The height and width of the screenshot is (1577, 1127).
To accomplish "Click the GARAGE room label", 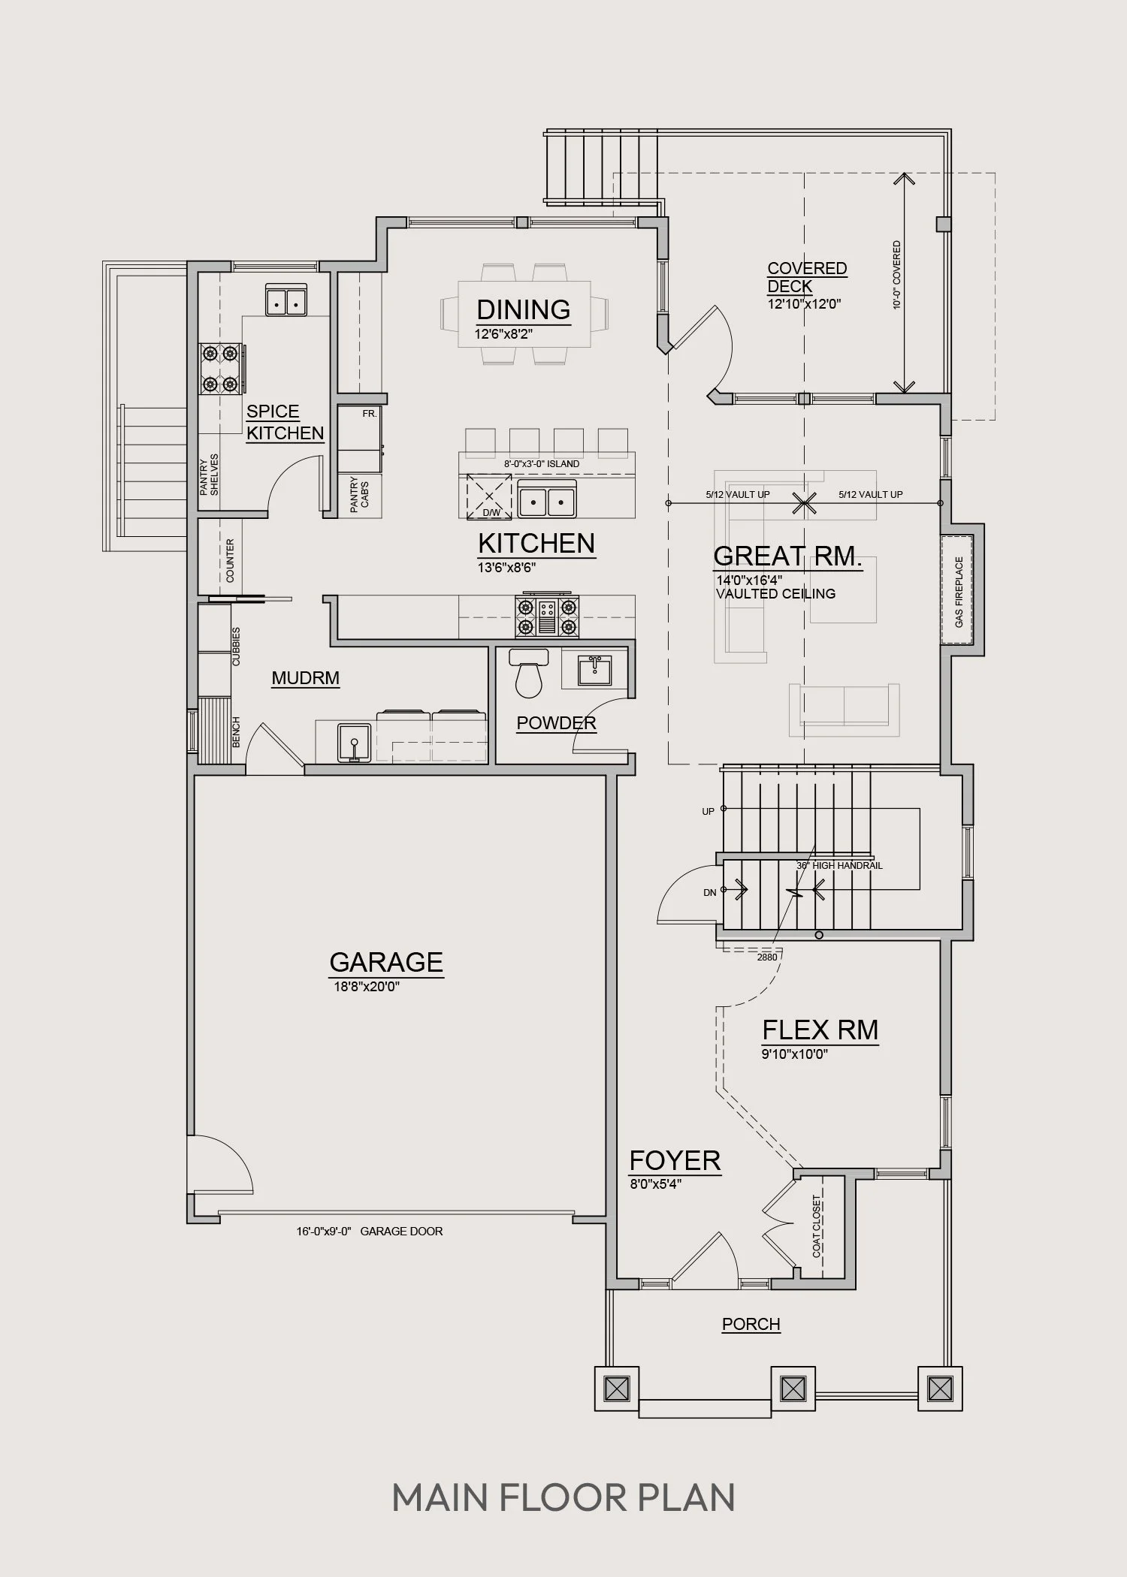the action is click(x=386, y=962).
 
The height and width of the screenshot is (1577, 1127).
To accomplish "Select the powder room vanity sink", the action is click(x=594, y=670).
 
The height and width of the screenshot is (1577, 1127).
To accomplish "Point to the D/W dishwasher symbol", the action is click(x=490, y=496).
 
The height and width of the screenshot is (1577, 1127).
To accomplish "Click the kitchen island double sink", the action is click(x=548, y=499).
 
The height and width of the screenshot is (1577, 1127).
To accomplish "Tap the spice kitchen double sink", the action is click(x=286, y=301).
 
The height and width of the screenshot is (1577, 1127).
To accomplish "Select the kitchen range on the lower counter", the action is click(x=547, y=616).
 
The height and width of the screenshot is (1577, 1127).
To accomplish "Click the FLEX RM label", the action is click(x=820, y=1030).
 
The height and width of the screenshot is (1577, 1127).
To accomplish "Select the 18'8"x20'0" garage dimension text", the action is click(x=367, y=986).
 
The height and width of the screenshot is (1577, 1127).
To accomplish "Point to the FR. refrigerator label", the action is click(x=369, y=414).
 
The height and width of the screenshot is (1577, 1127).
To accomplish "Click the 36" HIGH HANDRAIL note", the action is click(x=839, y=865).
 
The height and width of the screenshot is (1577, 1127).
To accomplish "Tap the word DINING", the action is click(x=524, y=309).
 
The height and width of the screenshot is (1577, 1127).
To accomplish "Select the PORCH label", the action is click(x=751, y=1324).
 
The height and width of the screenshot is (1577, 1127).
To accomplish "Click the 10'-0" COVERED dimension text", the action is click(x=896, y=276).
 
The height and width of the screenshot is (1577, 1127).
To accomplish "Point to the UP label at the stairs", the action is click(x=709, y=812).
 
